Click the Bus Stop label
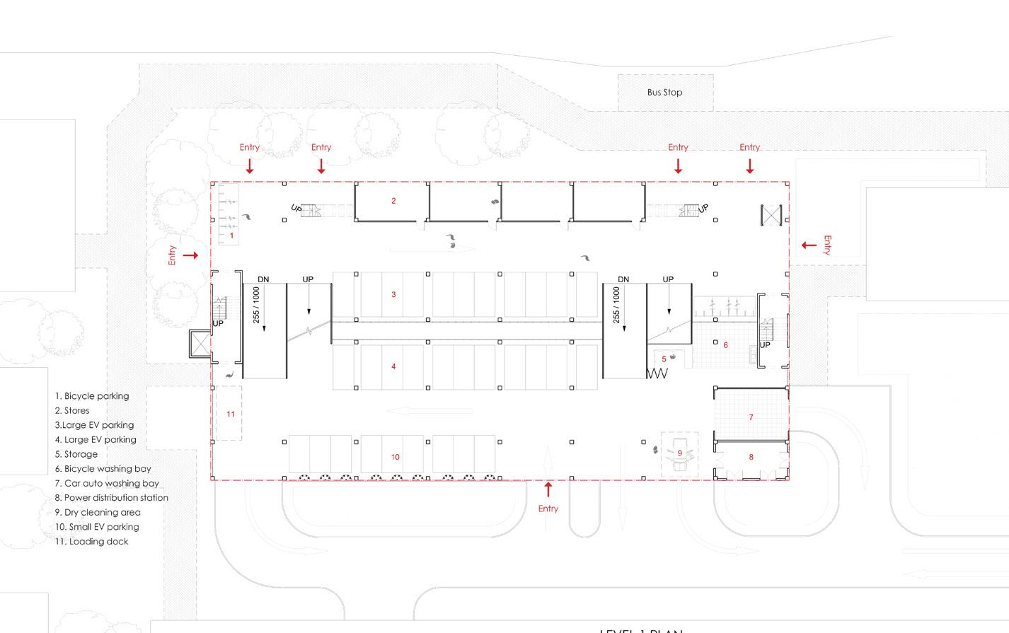tap(664, 93)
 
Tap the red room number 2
tap(393, 201)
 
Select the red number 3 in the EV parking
tap(393, 294)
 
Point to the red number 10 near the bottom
tap(395, 457)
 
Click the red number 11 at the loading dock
tap(231, 414)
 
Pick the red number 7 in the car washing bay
tap(751, 417)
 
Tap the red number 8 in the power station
tap(751, 457)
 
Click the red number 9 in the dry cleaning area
tap(679, 453)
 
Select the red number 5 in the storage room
tap(664, 359)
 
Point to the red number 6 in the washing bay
tap(725, 345)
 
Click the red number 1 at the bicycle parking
tap(231, 235)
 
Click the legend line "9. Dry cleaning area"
tap(98, 512)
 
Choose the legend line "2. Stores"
tap(72, 410)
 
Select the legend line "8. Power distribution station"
tap(112, 498)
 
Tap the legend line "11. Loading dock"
tap(92, 542)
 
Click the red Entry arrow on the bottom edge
tap(548, 489)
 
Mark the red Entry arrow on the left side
tap(190, 255)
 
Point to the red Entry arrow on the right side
tap(808, 245)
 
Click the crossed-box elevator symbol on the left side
tap(200, 344)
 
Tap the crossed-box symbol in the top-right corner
tap(771, 216)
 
